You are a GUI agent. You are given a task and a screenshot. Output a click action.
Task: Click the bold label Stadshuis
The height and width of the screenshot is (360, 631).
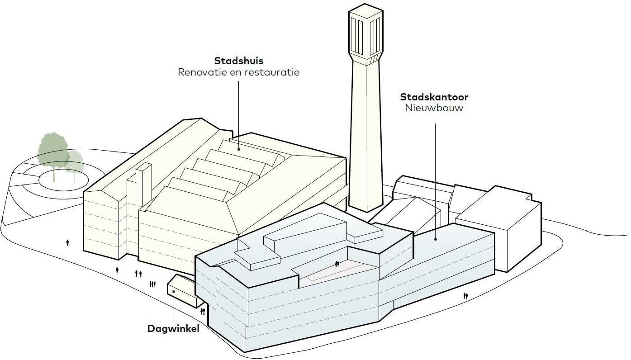point(238,61)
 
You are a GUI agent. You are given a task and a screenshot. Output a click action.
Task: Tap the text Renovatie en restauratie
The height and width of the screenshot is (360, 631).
point(238,72)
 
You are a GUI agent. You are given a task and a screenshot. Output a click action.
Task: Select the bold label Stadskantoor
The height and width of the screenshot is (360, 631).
point(434,97)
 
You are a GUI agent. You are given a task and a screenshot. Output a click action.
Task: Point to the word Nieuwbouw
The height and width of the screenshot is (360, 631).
point(434,109)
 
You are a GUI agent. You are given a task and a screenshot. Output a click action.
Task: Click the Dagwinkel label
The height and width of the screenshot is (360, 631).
point(173,329)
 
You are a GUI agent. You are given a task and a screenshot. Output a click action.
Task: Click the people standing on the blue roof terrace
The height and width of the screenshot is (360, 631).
point(337,264)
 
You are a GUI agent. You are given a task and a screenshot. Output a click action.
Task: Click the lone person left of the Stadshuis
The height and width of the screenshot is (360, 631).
point(68,242)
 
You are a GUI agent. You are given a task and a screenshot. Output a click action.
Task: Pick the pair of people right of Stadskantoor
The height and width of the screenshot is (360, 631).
point(465,296)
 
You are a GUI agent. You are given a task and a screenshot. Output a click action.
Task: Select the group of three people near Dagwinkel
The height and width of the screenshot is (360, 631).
point(152,284)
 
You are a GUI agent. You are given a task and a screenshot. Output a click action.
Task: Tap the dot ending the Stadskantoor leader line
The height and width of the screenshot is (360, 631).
point(435,239)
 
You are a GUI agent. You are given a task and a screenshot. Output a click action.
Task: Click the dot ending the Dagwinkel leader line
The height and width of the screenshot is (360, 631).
point(174,292)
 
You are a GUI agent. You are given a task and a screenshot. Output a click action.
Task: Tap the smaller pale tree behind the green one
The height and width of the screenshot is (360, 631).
point(74,161)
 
